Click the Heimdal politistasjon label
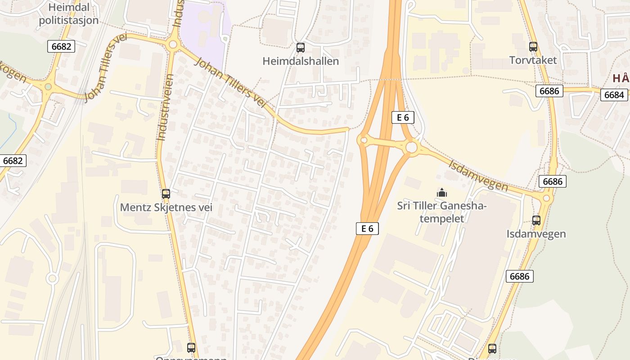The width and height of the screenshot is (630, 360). click(68, 13)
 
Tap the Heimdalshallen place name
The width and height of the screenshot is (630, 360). click(301, 61)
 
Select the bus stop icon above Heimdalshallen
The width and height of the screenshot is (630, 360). click(301, 47)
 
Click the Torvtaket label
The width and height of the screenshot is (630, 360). click(533, 60)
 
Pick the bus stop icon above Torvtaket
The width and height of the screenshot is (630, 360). click(533, 46)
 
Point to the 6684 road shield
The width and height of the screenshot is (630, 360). click(614, 95)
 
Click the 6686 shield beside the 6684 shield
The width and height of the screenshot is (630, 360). click(549, 91)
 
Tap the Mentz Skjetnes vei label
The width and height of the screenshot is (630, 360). click(166, 207)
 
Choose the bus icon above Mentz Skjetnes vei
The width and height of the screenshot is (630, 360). click(166, 194)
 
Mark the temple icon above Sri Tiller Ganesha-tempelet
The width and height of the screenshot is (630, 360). click(442, 193)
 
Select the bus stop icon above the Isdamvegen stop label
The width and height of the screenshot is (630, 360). click(536, 220)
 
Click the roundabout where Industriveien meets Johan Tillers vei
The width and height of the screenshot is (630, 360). click(172, 45)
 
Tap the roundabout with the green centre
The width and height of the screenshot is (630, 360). click(48, 86)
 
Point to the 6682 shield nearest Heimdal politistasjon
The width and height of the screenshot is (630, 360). click(61, 46)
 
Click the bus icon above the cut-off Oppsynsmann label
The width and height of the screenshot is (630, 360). click(191, 347)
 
